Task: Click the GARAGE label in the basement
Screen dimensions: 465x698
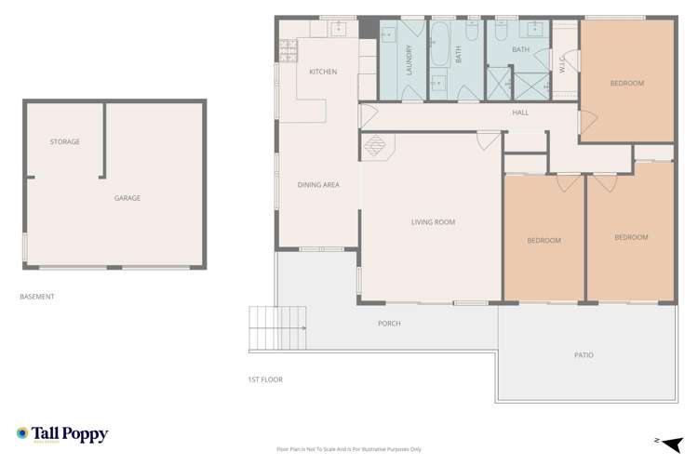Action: pyautogui.click(x=127, y=198)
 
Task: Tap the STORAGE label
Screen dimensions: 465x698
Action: pyautogui.click(x=64, y=142)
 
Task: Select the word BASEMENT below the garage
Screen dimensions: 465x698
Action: pyautogui.click(x=37, y=297)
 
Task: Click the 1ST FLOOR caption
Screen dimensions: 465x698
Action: pyautogui.click(x=265, y=379)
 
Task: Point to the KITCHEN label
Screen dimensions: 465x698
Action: pyautogui.click(x=323, y=73)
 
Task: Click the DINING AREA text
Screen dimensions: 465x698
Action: pyautogui.click(x=317, y=185)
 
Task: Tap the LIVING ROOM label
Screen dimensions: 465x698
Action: pyautogui.click(x=433, y=222)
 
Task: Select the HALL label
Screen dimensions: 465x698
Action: pyautogui.click(x=520, y=113)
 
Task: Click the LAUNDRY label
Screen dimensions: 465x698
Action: pyautogui.click(x=409, y=60)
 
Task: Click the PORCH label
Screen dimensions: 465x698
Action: pyautogui.click(x=389, y=324)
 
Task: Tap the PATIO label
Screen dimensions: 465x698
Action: pyautogui.click(x=584, y=355)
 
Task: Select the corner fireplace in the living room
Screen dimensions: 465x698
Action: pyautogui.click(x=376, y=147)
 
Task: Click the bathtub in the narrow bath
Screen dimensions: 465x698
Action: pyautogui.click(x=438, y=41)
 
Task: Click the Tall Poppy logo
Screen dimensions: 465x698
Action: pyautogui.click(x=62, y=434)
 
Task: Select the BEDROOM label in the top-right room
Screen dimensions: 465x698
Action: pyautogui.click(x=626, y=84)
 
